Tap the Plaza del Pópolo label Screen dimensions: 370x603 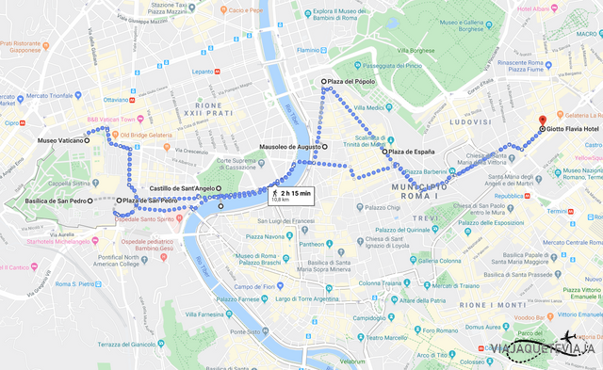click(353, 82)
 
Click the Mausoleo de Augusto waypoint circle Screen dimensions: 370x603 click(325, 147)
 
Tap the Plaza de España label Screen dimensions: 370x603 click(412, 152)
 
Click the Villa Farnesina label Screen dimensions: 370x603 click(205, 314)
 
